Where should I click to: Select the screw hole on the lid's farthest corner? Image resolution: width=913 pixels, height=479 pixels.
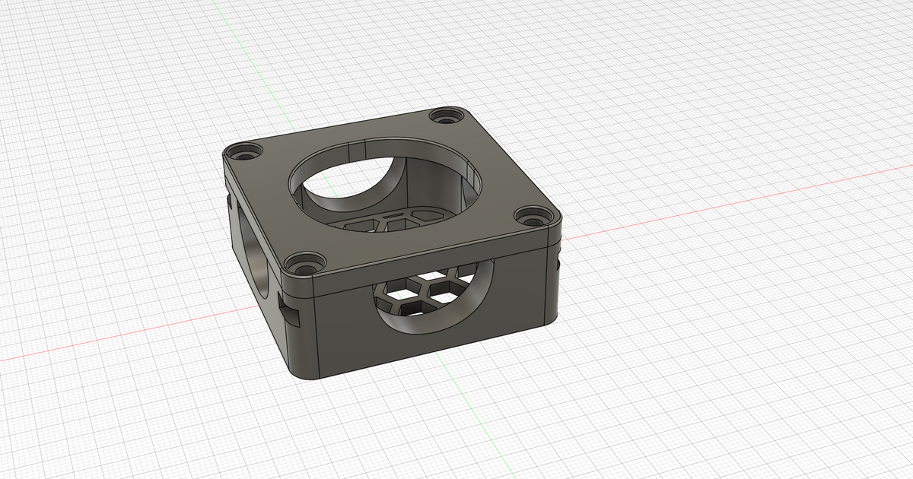point(445,117)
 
